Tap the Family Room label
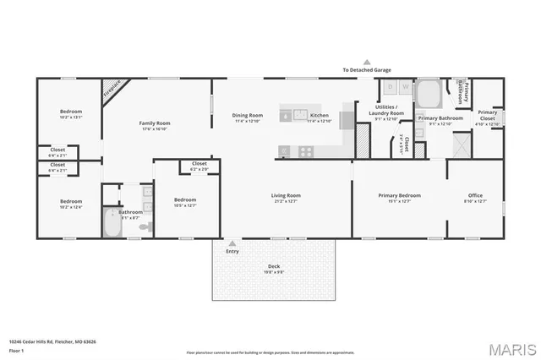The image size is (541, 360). (155, 123)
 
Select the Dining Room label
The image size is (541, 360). (249, 115)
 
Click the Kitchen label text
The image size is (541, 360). (320, 115)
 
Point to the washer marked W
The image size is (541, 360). (403, 86)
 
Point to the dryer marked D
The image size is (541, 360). (388, 86)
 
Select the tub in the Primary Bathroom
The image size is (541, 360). (428, 90)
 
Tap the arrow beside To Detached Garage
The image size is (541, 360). (367, 62)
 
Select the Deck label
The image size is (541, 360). (273, 267)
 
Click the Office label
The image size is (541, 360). (476, 195)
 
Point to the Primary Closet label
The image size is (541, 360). (488, 115)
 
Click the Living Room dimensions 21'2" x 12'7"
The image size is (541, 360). (286, 202)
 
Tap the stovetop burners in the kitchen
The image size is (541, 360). (305, 151)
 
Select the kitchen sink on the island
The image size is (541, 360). (297, 115)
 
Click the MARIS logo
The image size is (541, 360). (511, 348)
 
